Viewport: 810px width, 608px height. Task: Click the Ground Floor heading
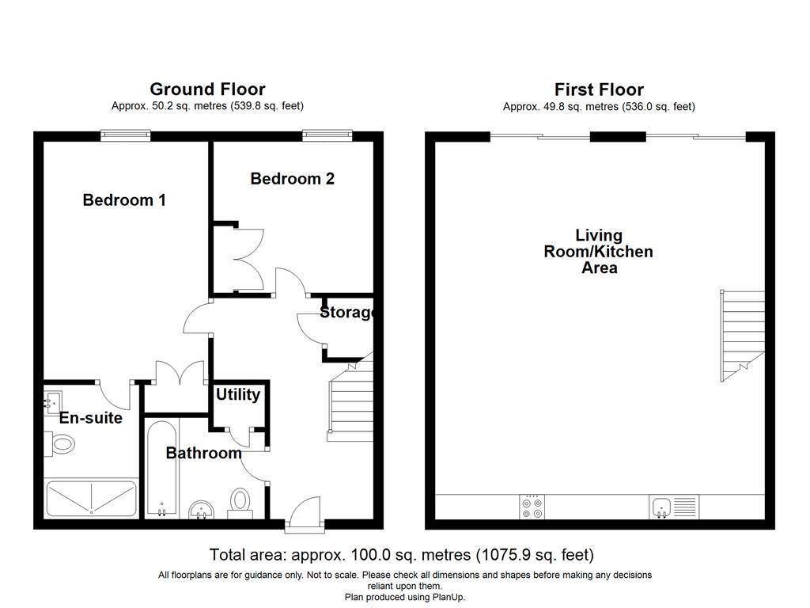pos(207,89)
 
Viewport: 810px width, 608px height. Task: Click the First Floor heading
pos(599,89)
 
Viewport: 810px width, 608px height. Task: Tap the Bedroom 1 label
pos(124,200)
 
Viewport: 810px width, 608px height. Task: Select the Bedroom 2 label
pos(292,179)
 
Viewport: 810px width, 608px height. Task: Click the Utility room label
pos(238,394)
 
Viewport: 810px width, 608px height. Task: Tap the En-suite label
pos(91,418)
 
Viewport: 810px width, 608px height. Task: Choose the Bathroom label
pos(203,454)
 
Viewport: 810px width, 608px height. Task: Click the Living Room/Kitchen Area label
pos(599,251)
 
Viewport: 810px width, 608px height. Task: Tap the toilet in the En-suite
pos(60,446)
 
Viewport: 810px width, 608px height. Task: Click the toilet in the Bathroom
pos(240,502)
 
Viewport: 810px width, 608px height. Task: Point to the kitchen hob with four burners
pos(532,507)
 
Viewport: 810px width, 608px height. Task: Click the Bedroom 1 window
pos(125,136)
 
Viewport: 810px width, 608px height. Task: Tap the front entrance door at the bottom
pos(304,515)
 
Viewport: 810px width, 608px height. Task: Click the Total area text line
pos(401,555)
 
